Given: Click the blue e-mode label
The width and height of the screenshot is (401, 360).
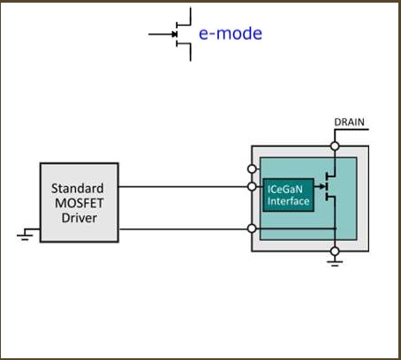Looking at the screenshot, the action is [231, 34].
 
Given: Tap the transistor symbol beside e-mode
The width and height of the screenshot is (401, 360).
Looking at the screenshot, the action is [177, 34].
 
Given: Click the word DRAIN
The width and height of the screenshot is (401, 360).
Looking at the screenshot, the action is [349, 122].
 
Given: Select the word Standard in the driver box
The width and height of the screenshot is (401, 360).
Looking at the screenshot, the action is [78, 189].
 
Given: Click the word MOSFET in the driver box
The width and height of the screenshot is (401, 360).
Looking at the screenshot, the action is [79, 203].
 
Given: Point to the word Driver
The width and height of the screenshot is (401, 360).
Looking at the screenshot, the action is [79, 218].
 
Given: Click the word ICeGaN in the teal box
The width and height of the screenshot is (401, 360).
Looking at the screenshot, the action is [284, 189].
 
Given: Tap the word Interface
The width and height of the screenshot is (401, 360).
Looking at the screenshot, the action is [288, 201].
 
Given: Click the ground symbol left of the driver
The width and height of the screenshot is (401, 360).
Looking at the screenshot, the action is [26, 235].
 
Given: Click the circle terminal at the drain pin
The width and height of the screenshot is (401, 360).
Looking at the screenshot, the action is [335, 146].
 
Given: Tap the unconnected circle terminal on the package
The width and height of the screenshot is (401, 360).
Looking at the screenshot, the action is [252, 169].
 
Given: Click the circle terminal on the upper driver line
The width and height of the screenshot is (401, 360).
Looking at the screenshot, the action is [252, 186].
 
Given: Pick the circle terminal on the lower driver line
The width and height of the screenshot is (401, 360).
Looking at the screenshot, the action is [252, 229].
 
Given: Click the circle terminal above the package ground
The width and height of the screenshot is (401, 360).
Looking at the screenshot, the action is [335, 251].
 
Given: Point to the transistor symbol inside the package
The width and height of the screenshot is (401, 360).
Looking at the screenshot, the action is [328, 186].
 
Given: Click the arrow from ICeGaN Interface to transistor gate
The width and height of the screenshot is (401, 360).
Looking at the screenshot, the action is [320, 186].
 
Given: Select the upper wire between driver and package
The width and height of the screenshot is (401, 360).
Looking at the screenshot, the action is [183, 186].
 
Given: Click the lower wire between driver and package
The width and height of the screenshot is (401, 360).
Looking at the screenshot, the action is [183, 229].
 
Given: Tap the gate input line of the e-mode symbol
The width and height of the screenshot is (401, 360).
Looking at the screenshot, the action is [163, 34].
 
